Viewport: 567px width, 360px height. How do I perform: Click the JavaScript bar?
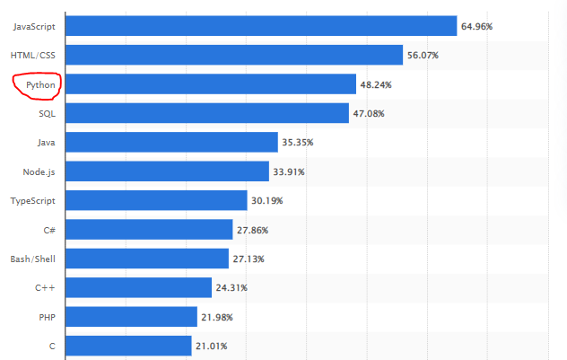click(261, 26)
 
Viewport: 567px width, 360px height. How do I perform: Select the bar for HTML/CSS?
click(234, 55)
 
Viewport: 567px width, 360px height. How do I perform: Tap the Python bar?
click(211, 84)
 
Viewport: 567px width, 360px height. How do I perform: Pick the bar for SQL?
click(207, 113)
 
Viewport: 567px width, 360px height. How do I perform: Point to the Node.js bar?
click(168, 171)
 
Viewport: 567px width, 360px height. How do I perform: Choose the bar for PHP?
click(132, 317)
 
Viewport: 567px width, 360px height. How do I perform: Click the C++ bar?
click(139, 287)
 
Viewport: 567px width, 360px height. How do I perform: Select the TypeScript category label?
click(33, 200)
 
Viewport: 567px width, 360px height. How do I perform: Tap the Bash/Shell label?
click(33, 259)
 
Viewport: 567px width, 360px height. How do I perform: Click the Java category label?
click(47, 143)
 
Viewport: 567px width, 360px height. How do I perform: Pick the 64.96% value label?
click(476, 26)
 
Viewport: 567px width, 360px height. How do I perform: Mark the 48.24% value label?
click(376, 84)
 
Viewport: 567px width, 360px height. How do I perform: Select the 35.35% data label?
click(298, 143)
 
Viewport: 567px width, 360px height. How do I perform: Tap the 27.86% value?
click(252, 230)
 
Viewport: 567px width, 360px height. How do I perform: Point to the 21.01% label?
click(212, 346)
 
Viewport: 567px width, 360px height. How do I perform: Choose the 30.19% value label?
click(267, 200)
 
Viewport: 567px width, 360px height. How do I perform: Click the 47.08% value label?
click(369, 113)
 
